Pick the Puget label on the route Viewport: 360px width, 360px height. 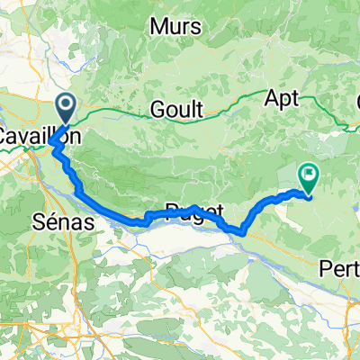[193, 213]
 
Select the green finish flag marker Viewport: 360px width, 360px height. [308, 177]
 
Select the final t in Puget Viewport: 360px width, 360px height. [219, 213]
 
